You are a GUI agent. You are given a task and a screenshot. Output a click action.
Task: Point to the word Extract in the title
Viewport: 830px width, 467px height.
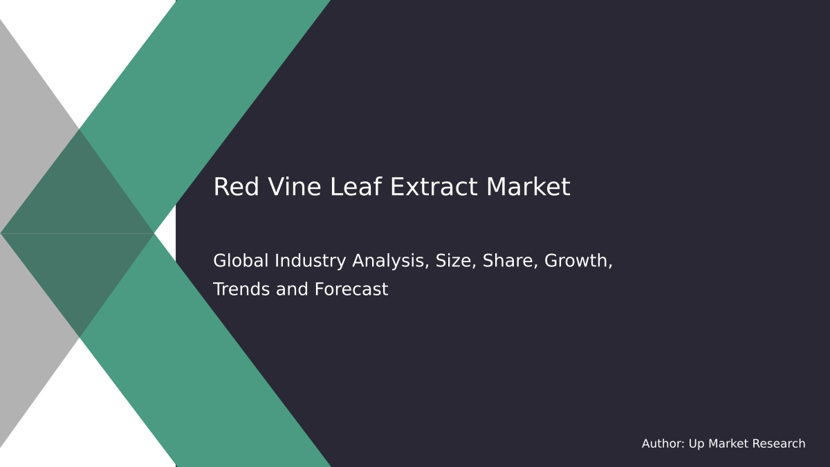coord(410,187)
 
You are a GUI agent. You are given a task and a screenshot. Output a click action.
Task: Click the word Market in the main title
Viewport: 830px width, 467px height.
coord(528,187)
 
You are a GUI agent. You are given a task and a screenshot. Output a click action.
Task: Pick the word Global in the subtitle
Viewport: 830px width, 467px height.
coord(241,261)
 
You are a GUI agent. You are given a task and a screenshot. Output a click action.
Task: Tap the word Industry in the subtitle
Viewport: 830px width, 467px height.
coord(311,261)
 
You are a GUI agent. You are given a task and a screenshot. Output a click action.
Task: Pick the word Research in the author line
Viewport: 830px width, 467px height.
coord(779,444)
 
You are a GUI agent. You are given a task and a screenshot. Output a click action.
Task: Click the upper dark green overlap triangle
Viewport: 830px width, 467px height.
coord(79,194)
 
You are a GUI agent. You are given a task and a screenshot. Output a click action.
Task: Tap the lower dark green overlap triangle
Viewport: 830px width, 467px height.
coord(79,273)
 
